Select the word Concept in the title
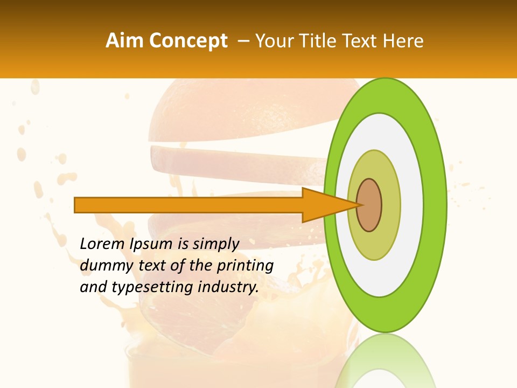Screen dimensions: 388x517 pyautogui.click(x=188, y=41)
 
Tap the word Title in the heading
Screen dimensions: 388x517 pyautogui.click(x=315, y=41)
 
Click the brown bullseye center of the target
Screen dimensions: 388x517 pyautogui.click(x=369, y=205)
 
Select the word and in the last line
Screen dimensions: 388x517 pyautogui.click(x=93, y=287)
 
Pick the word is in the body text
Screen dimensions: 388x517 pyautogui.click(x=184, y=244)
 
